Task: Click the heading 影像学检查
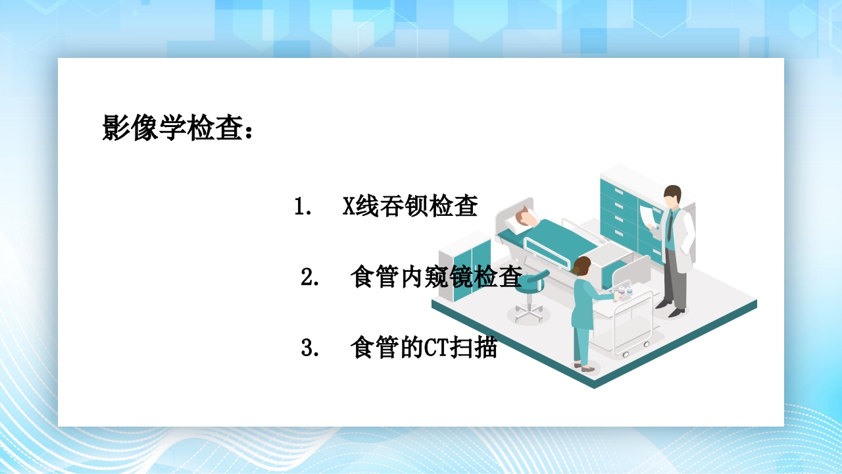[x=178, y=128]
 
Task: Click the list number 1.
[x=302, y=207]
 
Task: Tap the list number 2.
[x=309, y=278]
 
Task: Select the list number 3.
[x=309, y=348]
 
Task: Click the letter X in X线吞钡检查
[x=349, y=207]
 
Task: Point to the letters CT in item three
[x=435, y=348]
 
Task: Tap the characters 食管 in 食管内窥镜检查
[x=374, y=278]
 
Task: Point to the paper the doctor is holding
[x=650, y=215]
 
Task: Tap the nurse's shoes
[x=582, y=367]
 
